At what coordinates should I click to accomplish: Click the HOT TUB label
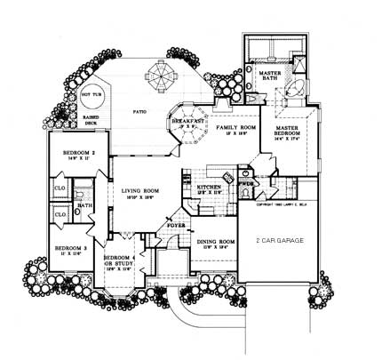click(x=92, y=92)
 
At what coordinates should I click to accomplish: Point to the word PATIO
click(x=139, y=112)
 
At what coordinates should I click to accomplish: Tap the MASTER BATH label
click(x=271, y=76)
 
